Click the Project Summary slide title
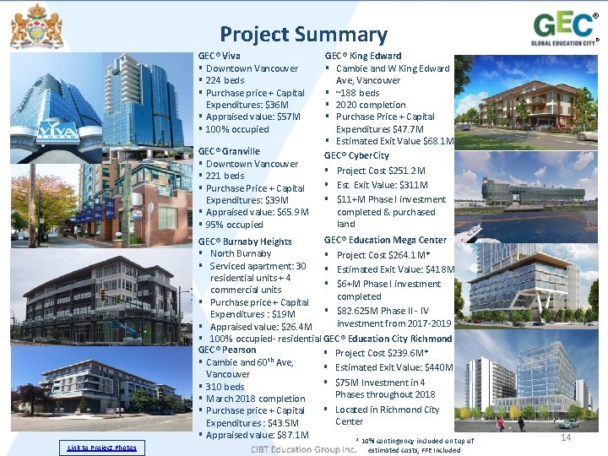[x=303, y=35]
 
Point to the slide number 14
[x=566, y=438]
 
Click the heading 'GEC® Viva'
[x=219, y=56]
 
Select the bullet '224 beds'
[x=225, y=80]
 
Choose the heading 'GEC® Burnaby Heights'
[x=245, y=242]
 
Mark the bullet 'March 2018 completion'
[x=255, y=399]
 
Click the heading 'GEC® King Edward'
[x=363, y=56]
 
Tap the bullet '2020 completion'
[x=370, y=105]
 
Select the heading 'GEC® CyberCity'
[x=356, y=155]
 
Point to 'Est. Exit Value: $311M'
[x=382, y=185]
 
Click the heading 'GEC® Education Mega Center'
[x=385, y=240]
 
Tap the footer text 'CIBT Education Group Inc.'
[x=303, y=448]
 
